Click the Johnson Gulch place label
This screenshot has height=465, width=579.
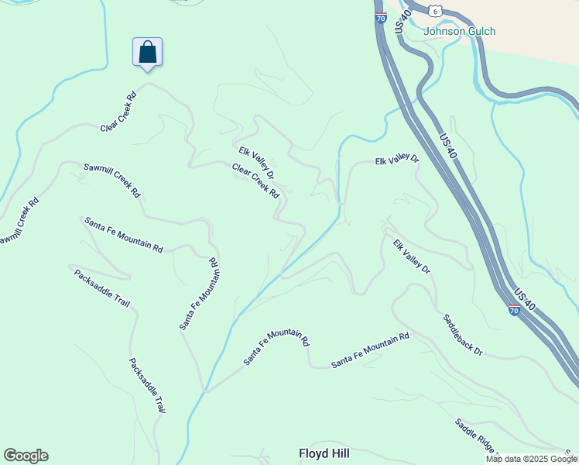coord(460,32)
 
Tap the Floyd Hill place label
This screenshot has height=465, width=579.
coord(324,453)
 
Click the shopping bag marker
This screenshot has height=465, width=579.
coord(147,53)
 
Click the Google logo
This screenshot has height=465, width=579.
coord(26,456)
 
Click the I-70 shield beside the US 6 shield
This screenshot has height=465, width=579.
coord(381,17)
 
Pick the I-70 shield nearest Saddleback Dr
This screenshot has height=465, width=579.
coord(514,310)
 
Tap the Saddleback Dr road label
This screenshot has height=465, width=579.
coord(463,335)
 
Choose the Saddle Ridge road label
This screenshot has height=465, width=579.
coord(475,436)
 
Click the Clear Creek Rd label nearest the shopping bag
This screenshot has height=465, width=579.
coord(118,112)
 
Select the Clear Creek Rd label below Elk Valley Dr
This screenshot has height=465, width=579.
coord(255,181)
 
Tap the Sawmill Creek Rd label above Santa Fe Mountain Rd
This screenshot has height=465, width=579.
coord(113,179)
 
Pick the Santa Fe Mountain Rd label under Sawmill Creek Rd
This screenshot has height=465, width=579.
coord(124,235)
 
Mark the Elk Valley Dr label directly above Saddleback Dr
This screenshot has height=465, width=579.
coord(411,258)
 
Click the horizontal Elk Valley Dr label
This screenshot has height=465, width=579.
coord(396,160)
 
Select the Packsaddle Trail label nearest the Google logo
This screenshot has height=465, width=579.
coord(147,385)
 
